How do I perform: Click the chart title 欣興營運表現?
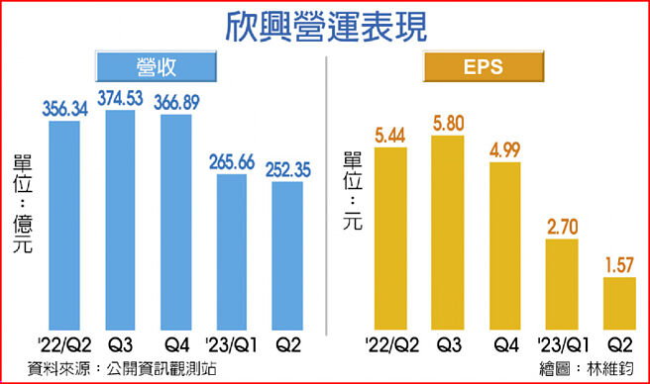pos(324,25)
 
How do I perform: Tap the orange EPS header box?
pos(484,68)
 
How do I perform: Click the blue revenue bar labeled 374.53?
pos(120,223)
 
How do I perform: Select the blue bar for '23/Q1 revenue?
pos(232,252)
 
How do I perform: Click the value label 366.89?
pos(177,101)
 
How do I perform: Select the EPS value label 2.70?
pos(562,226)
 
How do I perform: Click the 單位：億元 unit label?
pos(22,204)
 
